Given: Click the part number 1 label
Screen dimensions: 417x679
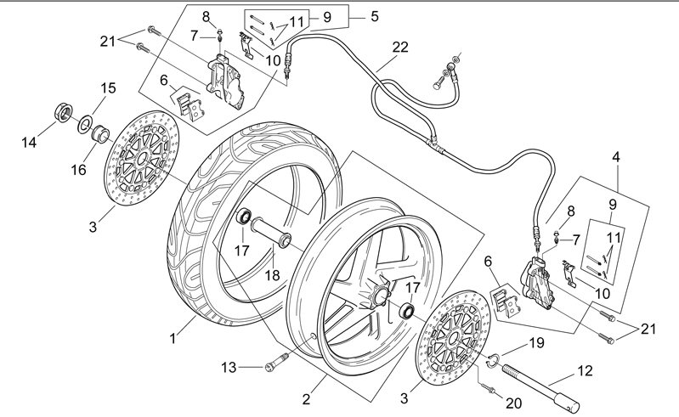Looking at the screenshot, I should [x=173, y=338].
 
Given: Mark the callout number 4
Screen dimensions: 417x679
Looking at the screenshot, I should [x=615, y=156].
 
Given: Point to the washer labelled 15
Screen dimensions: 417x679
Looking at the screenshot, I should [x=87, y=125].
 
